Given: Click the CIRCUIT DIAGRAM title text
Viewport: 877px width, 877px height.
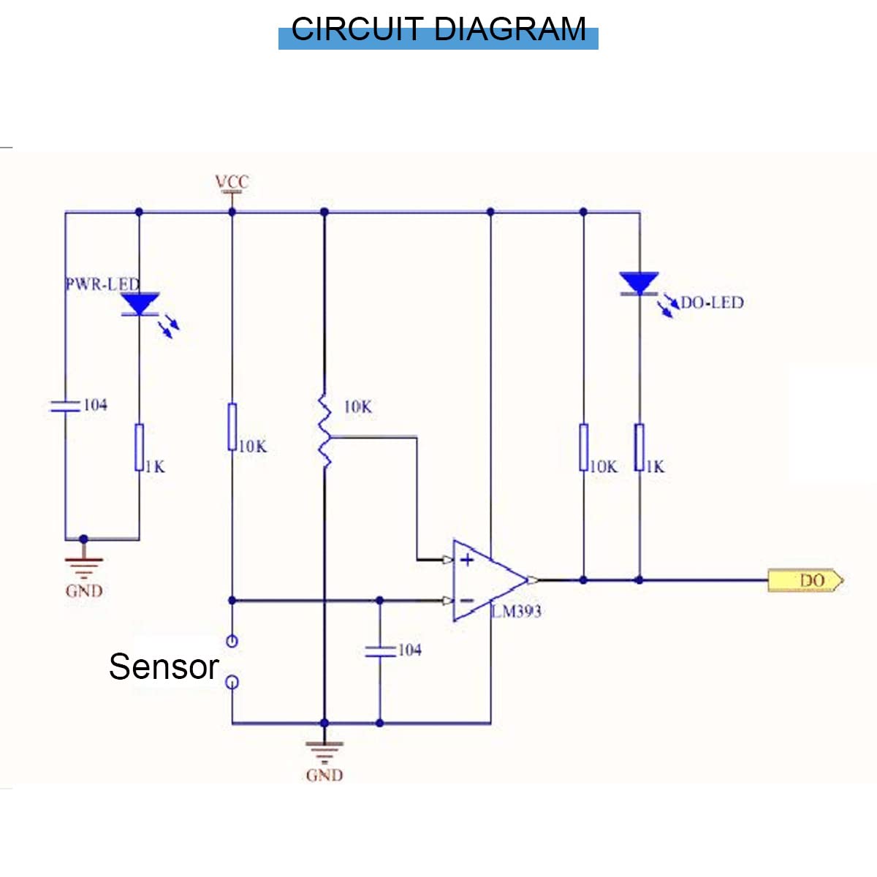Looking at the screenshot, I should coord(438,30).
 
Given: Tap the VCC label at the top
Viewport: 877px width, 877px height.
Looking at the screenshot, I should coord(232,181).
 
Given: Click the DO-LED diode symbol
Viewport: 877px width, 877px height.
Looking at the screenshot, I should coord(639,284).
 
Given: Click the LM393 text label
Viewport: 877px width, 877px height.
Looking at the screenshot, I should coord(517,612).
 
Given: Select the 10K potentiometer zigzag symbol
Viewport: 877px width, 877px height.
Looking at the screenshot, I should coord(324,431).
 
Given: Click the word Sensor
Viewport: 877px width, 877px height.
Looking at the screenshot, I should coord(164,667).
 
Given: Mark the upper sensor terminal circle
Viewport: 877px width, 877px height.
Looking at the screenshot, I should coord(232,642).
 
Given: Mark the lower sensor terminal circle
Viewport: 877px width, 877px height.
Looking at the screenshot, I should coord(232,683).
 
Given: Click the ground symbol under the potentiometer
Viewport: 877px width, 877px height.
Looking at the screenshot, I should coord(324,751).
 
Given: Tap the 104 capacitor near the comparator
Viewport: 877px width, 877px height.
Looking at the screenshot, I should coord(380,650).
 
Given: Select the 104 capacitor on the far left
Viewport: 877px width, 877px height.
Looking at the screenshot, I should coord(65,406).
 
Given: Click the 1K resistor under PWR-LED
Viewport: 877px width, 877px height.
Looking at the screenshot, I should coord(139,447).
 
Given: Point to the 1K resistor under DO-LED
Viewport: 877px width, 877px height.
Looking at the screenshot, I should coord(639,447).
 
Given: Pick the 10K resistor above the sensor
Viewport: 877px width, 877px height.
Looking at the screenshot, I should coord(232,427).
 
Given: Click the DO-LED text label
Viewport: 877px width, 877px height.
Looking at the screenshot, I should coord(712,303).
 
